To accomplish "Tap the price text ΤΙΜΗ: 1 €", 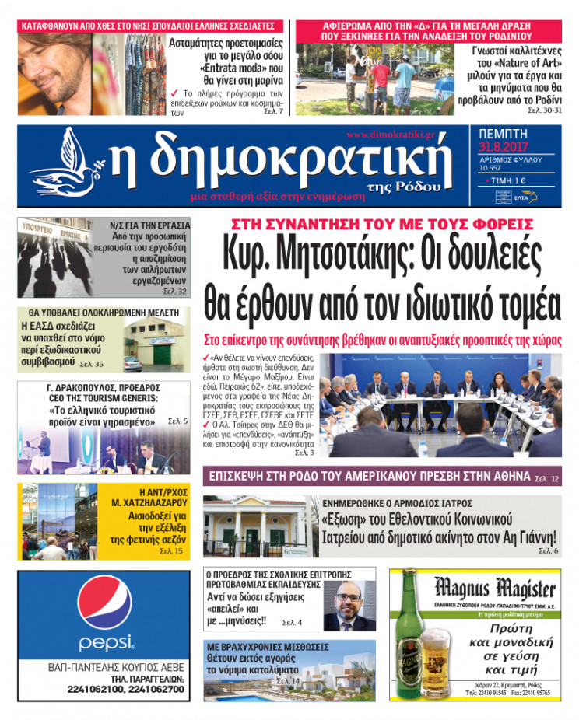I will point(511,180).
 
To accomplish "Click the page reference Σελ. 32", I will point(175,292).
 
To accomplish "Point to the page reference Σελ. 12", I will point(547,477).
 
